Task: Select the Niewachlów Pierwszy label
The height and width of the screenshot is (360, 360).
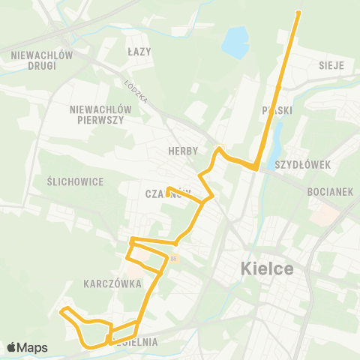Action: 100,114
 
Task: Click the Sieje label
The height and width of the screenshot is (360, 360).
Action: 331,65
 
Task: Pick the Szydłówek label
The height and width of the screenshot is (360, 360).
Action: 302,163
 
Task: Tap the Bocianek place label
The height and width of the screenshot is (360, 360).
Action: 330,192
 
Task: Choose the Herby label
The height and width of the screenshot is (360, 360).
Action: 183,151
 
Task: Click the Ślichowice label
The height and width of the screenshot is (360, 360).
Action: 74,182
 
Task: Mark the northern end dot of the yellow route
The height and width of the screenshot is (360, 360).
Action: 298,13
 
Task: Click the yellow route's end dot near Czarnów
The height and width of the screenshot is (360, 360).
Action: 169,188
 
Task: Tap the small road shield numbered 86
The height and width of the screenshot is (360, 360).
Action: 173,259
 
